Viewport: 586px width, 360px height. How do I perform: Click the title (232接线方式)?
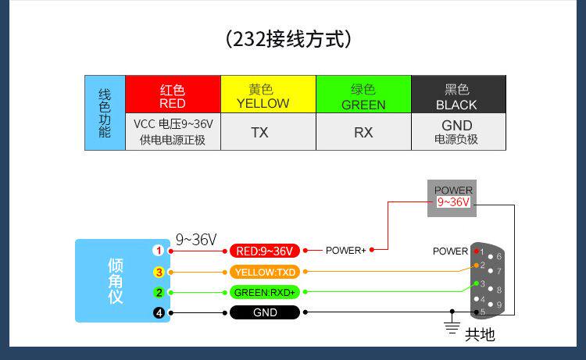pyautogui.click(x=293, y=38)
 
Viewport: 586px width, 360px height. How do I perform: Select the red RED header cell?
pyautogui.click(x=173, y=94)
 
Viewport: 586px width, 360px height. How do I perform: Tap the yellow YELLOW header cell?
pyautogui.click(x=268, y=94)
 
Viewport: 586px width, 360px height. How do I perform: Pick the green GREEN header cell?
pyautogui.click(x=363, y=94)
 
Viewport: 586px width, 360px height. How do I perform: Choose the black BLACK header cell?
pyautogui.click(x=458, y=94)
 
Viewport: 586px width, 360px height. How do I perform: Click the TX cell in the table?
pyautogui.click(x=268, y=132)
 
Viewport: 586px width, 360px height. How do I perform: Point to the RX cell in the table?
pyautogui.click(x=363, y=132)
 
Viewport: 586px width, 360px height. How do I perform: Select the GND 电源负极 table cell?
pyautogui.click(x=458, y=132)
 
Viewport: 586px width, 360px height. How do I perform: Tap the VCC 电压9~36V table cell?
pyautogui.click(x=173, y=132)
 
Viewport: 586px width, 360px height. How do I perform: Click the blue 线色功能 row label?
pyautogui.click(x=105, y=113)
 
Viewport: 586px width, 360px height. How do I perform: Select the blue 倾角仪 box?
pyautogui.click(x=115, y=280)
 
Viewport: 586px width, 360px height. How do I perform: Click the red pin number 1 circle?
pyautogui.click(x=159, y=251)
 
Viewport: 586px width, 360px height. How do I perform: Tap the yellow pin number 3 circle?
pyautogui.click(x=159, y=272)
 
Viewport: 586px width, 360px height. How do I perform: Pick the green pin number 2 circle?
pyautogui.click(x=159, y=293)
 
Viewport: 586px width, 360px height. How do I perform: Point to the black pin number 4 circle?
pyautogui.click(x=159, y=313)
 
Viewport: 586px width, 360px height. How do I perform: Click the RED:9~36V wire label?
pyautogui.click(x=265, y=251)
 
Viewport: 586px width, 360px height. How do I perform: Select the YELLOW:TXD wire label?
pyautogui.click(x=265, y=272)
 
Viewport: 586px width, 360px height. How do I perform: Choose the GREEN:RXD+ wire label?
pyautogui.click(x=265, y=293)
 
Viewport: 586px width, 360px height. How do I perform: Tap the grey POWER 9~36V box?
pyautogui.click(x=453, y=197)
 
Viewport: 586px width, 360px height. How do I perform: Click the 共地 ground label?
pyautogui.click(x=480, y=335)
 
